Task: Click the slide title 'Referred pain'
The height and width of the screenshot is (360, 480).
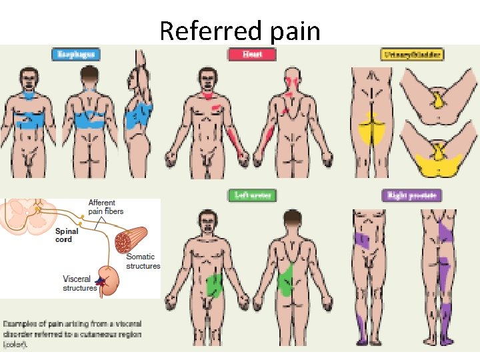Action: (240, 31)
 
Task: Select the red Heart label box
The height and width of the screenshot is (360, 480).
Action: (251, 55)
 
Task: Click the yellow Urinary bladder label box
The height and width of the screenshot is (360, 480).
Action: (412, 55)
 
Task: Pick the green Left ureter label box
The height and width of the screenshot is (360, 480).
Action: (251, 195)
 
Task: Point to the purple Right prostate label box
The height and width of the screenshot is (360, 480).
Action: (412, 195)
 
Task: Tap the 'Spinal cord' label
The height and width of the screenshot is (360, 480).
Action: (67, 235)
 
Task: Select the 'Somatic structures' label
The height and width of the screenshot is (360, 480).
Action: (143, 261)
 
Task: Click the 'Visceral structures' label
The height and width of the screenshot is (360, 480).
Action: (80, 283)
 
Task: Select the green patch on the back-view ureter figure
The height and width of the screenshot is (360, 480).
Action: (286, 279)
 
